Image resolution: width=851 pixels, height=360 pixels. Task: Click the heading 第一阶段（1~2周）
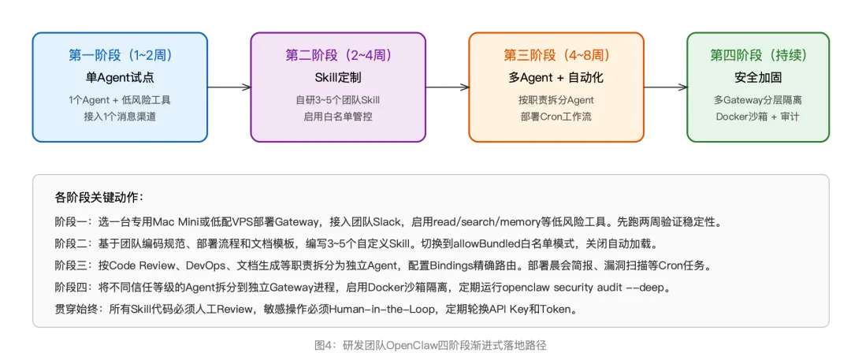click(120, 55)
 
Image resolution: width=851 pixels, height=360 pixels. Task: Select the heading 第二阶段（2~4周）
click(338, 55)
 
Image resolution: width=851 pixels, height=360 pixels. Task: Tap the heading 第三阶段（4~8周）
click(556, 55)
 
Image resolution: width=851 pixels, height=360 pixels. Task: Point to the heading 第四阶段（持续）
click(758, 55)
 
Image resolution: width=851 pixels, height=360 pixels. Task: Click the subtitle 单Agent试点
click(120, 77)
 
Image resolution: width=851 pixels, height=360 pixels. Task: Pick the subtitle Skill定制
click(338, 77)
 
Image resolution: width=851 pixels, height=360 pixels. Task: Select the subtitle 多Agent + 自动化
click(556, 77)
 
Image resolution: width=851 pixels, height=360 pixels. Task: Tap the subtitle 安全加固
click(758, 77)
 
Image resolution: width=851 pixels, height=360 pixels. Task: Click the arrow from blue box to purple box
click(229, 87)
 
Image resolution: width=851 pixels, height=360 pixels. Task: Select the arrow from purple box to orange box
click(448, 87)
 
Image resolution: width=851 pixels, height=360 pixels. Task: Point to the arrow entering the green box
click(666, 87)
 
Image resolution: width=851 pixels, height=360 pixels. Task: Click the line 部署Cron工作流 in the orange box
click(556, 117)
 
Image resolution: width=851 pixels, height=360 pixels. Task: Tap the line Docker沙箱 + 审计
click(758, 117)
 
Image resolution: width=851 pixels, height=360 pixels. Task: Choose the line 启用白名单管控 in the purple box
click(338, 117)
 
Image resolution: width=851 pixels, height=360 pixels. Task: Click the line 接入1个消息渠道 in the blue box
click(120, 117)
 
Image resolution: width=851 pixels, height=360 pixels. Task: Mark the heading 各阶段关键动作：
click(99, 197)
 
